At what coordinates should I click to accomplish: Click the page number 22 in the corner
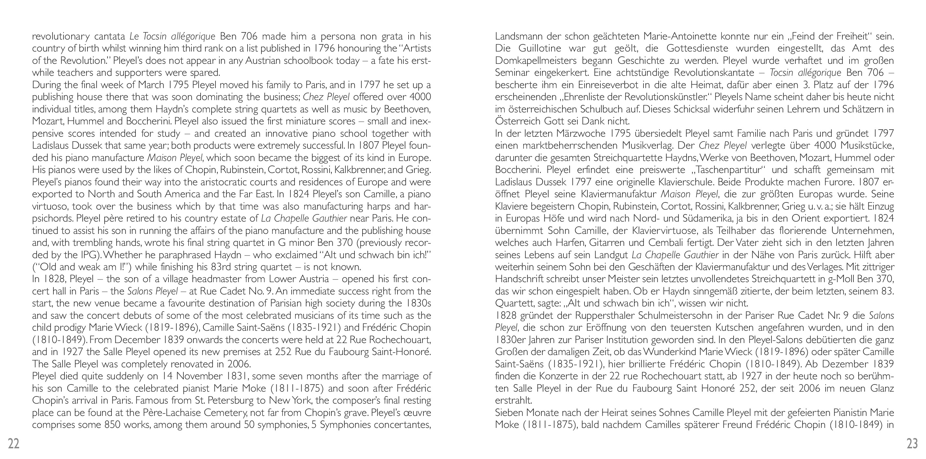[x=14, y=444]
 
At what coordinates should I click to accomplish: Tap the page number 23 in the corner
[x=912, y=444]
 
